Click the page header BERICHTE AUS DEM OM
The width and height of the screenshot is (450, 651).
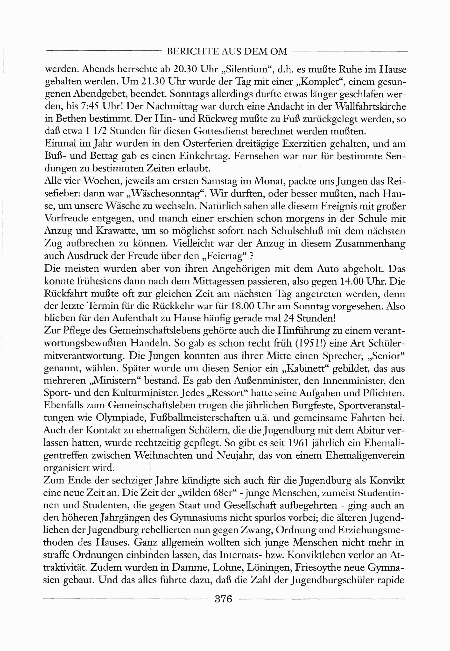(x=227, y=51)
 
